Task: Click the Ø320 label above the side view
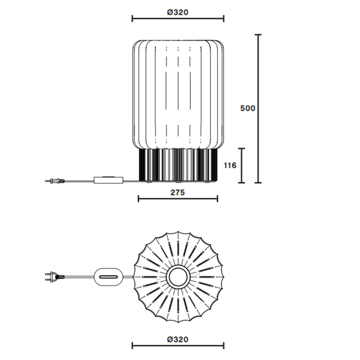click(x=177, y=13)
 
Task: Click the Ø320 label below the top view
click(x=177, y=339)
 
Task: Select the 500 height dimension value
click(x=248, y=108)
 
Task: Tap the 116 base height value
click(x=230, y=166)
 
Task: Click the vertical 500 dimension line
click(x=258, y=108)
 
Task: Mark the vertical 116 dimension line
click(x=242, y=166)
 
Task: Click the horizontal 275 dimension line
click(x=178, y=198)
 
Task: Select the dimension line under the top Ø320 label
click(x=178, y=19)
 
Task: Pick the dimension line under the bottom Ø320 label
click(x=178, y=346)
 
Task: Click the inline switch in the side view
click(x=108, y=180)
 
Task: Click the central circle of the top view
click(x=178, y=276)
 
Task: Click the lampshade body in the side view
click(x=178, y=94)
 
